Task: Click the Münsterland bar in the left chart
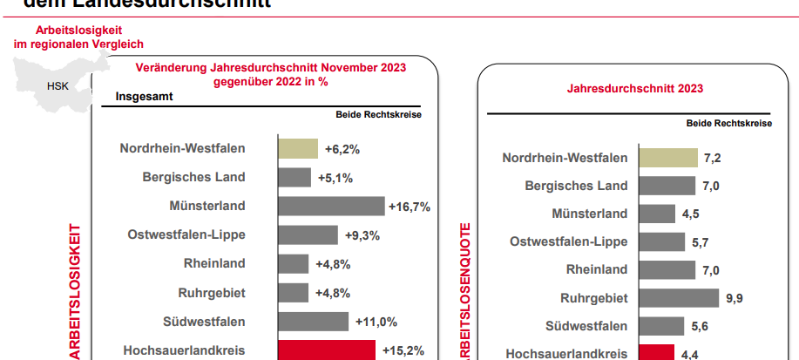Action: coord(331,206)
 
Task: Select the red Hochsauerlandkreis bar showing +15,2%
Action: coord(326,350)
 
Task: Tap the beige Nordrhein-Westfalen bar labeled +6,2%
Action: coord(297,148)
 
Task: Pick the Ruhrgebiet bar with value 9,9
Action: coord(678,298)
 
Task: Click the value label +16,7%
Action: coord(410,207)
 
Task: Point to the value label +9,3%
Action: coord(362,235)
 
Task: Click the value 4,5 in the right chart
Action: coord(692,214)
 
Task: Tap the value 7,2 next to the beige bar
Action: coord(713,158)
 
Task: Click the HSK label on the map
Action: coord(58,86)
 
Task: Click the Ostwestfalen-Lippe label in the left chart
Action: coord(186,234)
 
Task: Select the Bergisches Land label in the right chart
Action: coord(576,186)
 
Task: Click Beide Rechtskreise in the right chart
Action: coord(728,124)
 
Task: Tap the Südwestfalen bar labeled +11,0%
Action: coord(313,322)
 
